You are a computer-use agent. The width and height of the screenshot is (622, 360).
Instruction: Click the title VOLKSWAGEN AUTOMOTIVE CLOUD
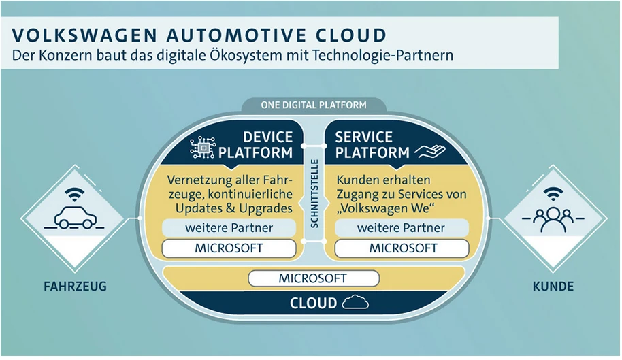click(x=199, y=34)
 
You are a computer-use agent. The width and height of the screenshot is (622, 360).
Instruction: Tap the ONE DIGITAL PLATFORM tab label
click(x=314, y=105)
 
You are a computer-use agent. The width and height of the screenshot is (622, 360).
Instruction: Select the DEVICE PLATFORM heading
click(x=267, y=144)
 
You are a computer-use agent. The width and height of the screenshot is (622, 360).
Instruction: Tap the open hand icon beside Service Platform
click(x=429, y=150)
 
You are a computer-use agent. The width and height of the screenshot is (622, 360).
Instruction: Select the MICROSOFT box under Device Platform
click(x=229, y=248)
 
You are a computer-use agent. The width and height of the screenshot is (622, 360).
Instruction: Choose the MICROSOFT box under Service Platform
click(x=403, y=248)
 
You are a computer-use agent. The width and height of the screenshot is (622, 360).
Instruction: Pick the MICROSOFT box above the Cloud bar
click(x=312, y=278)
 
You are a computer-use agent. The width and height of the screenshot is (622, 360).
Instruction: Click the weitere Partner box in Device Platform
click(x=229, y=227)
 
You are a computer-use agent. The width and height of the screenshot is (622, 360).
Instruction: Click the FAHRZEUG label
click(x=71, y=287)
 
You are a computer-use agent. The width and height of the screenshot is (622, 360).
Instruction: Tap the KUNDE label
click(x=553, y=287)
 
